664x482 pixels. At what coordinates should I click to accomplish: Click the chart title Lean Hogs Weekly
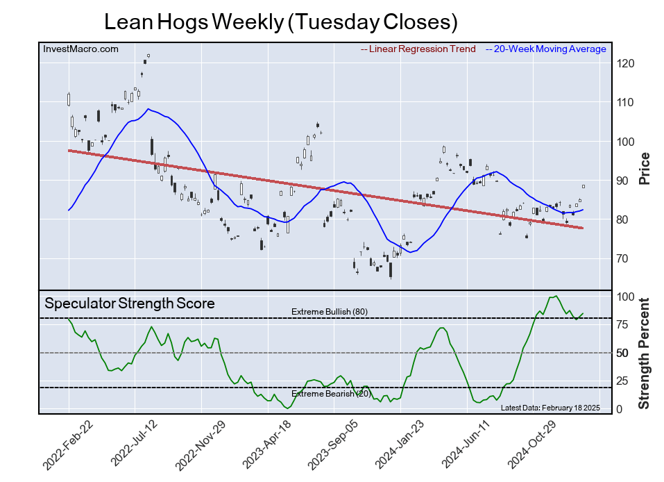(280, 22)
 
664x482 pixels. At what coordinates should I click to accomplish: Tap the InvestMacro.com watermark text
(80, 49)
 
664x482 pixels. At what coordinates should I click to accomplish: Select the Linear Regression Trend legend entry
(418, 49)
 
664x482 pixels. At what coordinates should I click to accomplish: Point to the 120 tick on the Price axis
(627, 64)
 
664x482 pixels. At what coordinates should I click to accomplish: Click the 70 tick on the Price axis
(623, 259)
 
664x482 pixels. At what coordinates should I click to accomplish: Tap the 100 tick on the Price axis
(627, 142)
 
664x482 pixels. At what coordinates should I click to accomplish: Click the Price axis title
(644, 167)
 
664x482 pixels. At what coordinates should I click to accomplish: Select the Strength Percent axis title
(644, 353)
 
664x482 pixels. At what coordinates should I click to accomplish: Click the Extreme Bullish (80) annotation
(329, 312)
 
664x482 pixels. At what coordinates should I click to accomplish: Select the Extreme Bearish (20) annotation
(331, 394)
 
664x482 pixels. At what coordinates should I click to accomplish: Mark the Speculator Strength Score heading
(130, 304)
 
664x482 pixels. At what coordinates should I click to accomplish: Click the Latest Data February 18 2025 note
(550, 407)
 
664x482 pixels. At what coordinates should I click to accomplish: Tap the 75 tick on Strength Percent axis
(622, 324)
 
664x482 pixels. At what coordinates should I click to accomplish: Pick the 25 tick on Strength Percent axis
(622, 381)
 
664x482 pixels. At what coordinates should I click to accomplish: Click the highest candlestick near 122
(148, 56)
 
